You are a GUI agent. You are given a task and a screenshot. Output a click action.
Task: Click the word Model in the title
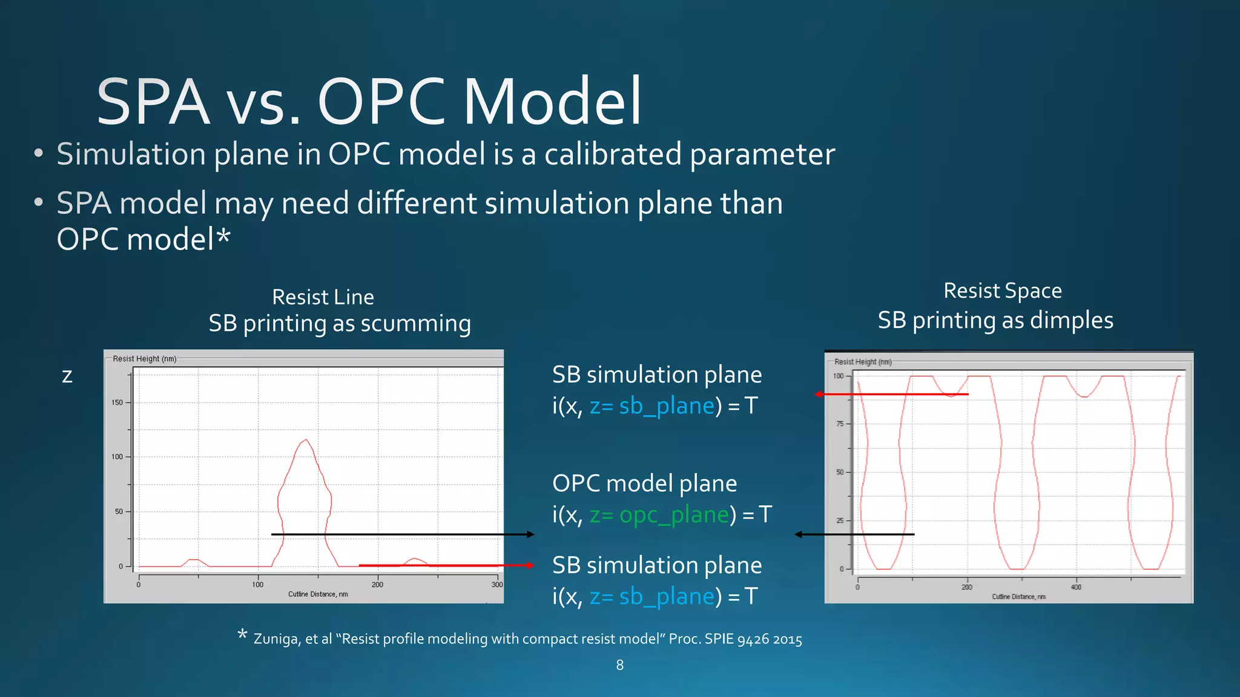pos(552,102)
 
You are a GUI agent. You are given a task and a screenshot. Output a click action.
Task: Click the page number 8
pos(619,665)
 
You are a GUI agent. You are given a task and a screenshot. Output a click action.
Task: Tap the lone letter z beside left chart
pos(67,376)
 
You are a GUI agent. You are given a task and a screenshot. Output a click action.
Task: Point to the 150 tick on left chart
pos(117,402)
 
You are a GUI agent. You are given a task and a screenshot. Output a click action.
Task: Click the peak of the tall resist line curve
pos(306,440)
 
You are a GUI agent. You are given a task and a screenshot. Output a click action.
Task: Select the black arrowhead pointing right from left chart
pos(530,534)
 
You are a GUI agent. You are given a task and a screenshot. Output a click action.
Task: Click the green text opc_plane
pos(674,514)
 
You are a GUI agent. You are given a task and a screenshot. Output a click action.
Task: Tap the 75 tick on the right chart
pos(840,424)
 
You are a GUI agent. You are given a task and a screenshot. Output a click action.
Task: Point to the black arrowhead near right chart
pos(799,534)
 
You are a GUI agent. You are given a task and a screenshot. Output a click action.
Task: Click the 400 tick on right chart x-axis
pos(1075,587)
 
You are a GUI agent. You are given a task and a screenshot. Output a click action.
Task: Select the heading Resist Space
pos(1002,291)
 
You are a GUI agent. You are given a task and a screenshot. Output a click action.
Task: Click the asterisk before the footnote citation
pos(242,634)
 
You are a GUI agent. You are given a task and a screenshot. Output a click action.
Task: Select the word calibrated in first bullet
pos(613,154)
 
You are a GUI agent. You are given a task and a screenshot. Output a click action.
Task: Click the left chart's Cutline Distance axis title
pos(318,594)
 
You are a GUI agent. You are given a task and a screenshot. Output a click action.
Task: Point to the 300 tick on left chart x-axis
pos(497,584)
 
